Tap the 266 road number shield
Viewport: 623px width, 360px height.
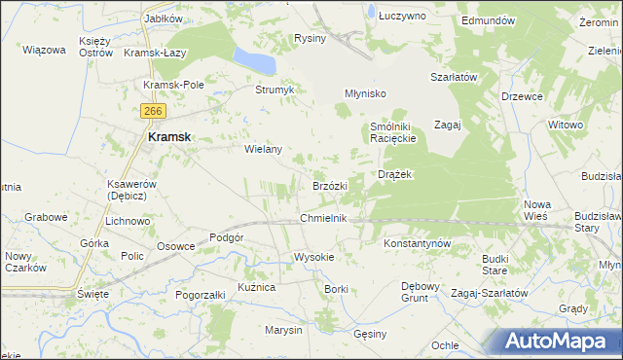pos(150,112)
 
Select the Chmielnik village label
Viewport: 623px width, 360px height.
pos(324,219)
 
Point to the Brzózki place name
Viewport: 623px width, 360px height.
pos(330,186)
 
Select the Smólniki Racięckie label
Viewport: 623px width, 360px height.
pos(393,132)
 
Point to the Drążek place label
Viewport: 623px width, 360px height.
pos(396,174)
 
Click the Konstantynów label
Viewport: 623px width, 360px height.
pos(417,242)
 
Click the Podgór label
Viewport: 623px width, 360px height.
pos(226,237)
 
